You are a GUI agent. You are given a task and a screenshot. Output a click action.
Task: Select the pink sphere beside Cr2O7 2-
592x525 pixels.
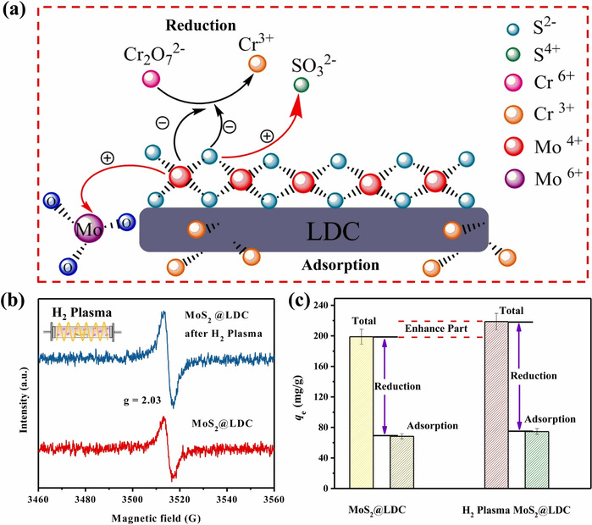pos(152,80)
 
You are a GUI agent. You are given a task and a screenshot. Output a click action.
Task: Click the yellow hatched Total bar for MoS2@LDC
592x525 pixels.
pos(361,412)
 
